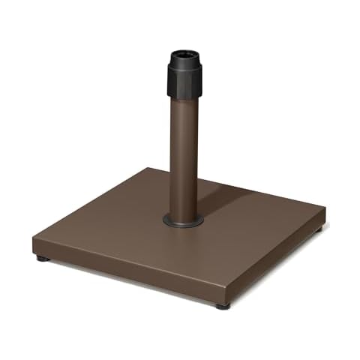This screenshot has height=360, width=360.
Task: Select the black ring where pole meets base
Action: [183, 221]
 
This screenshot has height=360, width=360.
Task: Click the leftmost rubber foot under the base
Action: [40, 258]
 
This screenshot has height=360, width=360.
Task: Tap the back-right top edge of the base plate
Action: [247, 187]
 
